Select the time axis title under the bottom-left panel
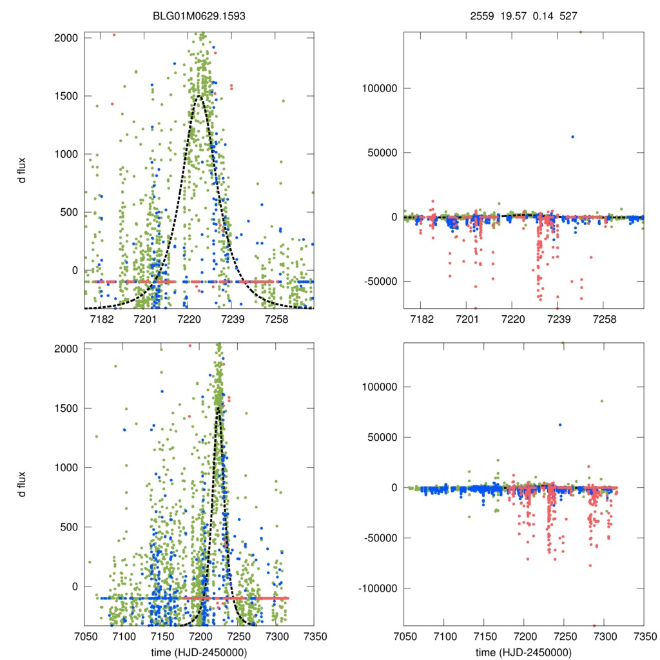tap(199, 652)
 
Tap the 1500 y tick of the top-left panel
tap(66, 97)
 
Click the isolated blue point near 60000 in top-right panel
tap(572, 137)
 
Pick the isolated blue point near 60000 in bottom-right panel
tap(560, 425)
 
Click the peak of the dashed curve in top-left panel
tap(199, 97)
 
